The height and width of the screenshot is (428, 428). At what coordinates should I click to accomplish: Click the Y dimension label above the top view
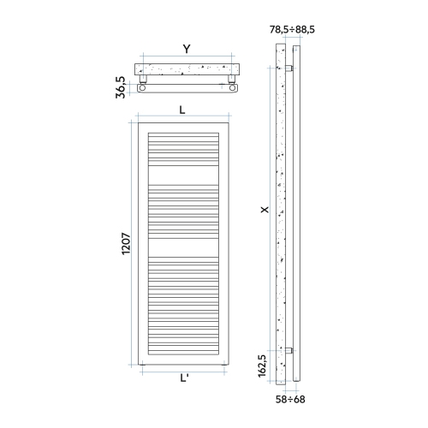point(187,49)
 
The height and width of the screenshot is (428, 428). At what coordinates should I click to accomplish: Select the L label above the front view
point(183,110)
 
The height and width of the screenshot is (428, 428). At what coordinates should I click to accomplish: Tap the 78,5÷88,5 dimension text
point(293,29)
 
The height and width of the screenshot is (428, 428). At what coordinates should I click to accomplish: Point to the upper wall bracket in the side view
point(292,68)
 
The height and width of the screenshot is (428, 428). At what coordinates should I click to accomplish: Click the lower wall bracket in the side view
point(292,350)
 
